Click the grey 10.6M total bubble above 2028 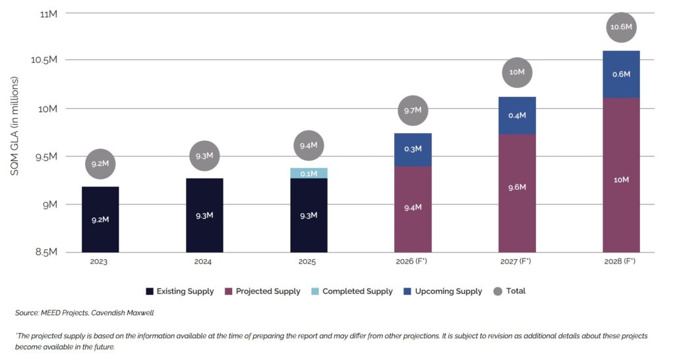click(x=621, y=28)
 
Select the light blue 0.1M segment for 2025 click(x=308, y=173)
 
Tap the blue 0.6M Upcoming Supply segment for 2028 click(x=621, y=75)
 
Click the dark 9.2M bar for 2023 click(x=100, y=219)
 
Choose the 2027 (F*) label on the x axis click(x=517, y=262)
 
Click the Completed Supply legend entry click(x=352, y=291)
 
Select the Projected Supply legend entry click(x=262, y=291)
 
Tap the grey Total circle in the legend click(x=498, y=291)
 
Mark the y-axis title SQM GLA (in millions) click(x=15, y=126)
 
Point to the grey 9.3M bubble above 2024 click(x=204, y=156)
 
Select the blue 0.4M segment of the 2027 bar click(x=517, y=115)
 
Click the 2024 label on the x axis click(x=204, y=262)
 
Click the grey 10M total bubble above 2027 click(x=517, y=72)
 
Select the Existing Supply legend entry click(x=179, y=291)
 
